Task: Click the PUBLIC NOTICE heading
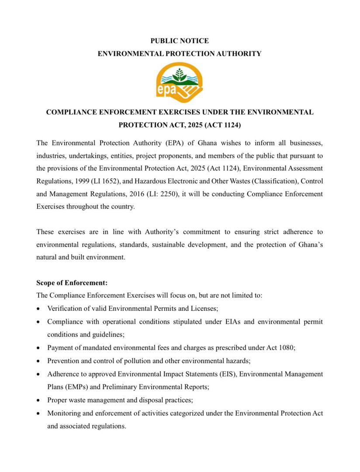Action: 180,41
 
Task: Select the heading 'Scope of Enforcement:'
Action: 72,283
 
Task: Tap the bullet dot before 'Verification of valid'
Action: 39,309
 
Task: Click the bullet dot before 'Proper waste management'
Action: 39,400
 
